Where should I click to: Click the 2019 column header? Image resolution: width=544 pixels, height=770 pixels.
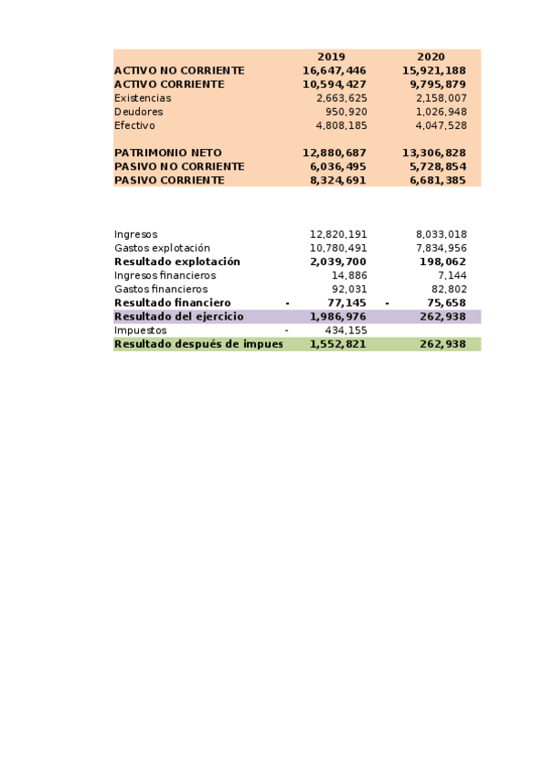pyautogui.click(x=331, y=56)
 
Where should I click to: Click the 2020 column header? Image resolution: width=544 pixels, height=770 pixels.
pyautogui.click(x=431, y=56)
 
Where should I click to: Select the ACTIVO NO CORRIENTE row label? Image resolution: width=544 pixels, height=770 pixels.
pyautogui.click(x=179, y=71)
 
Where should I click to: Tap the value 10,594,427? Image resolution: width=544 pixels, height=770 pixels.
pyautogui.click(x=334, y=84)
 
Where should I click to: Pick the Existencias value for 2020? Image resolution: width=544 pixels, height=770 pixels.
pyautogui.click(x=440, y=98)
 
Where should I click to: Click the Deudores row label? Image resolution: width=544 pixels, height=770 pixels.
pyautogui.click(x=138, y=112)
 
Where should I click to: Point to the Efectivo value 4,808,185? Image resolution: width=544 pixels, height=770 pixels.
pyautogui.click(x=341, y=125)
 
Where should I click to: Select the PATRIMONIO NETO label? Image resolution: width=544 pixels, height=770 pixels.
pyautogui.click(x=167, y=153)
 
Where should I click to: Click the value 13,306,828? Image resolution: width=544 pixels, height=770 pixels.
pyautogui.click(x=434, y=153)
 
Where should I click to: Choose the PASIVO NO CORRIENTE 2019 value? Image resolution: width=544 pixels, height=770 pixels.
pyautogui.click(x=338, y=167)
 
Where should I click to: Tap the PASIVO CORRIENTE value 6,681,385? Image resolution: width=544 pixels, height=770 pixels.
pyautogui.click(x=438, y=181)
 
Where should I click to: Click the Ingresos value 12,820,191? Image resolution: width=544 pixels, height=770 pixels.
pyautogui.click(x=338, y=234)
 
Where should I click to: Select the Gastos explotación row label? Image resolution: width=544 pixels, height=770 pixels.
pyautogui.click(x=162, y=248)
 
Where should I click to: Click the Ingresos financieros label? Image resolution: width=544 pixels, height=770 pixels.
pyautogui.click(x=164, y=275)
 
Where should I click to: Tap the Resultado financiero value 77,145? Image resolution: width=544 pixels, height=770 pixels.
pyautogui.click(x=346, y=302)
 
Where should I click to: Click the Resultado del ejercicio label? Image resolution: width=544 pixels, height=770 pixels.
pyautogui.click(x=178, y=316)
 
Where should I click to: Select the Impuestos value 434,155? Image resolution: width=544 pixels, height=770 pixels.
pyautogui.click(x=345, y=331)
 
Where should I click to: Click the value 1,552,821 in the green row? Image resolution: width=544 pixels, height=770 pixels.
pyautogui.click(x=338, y=344)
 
